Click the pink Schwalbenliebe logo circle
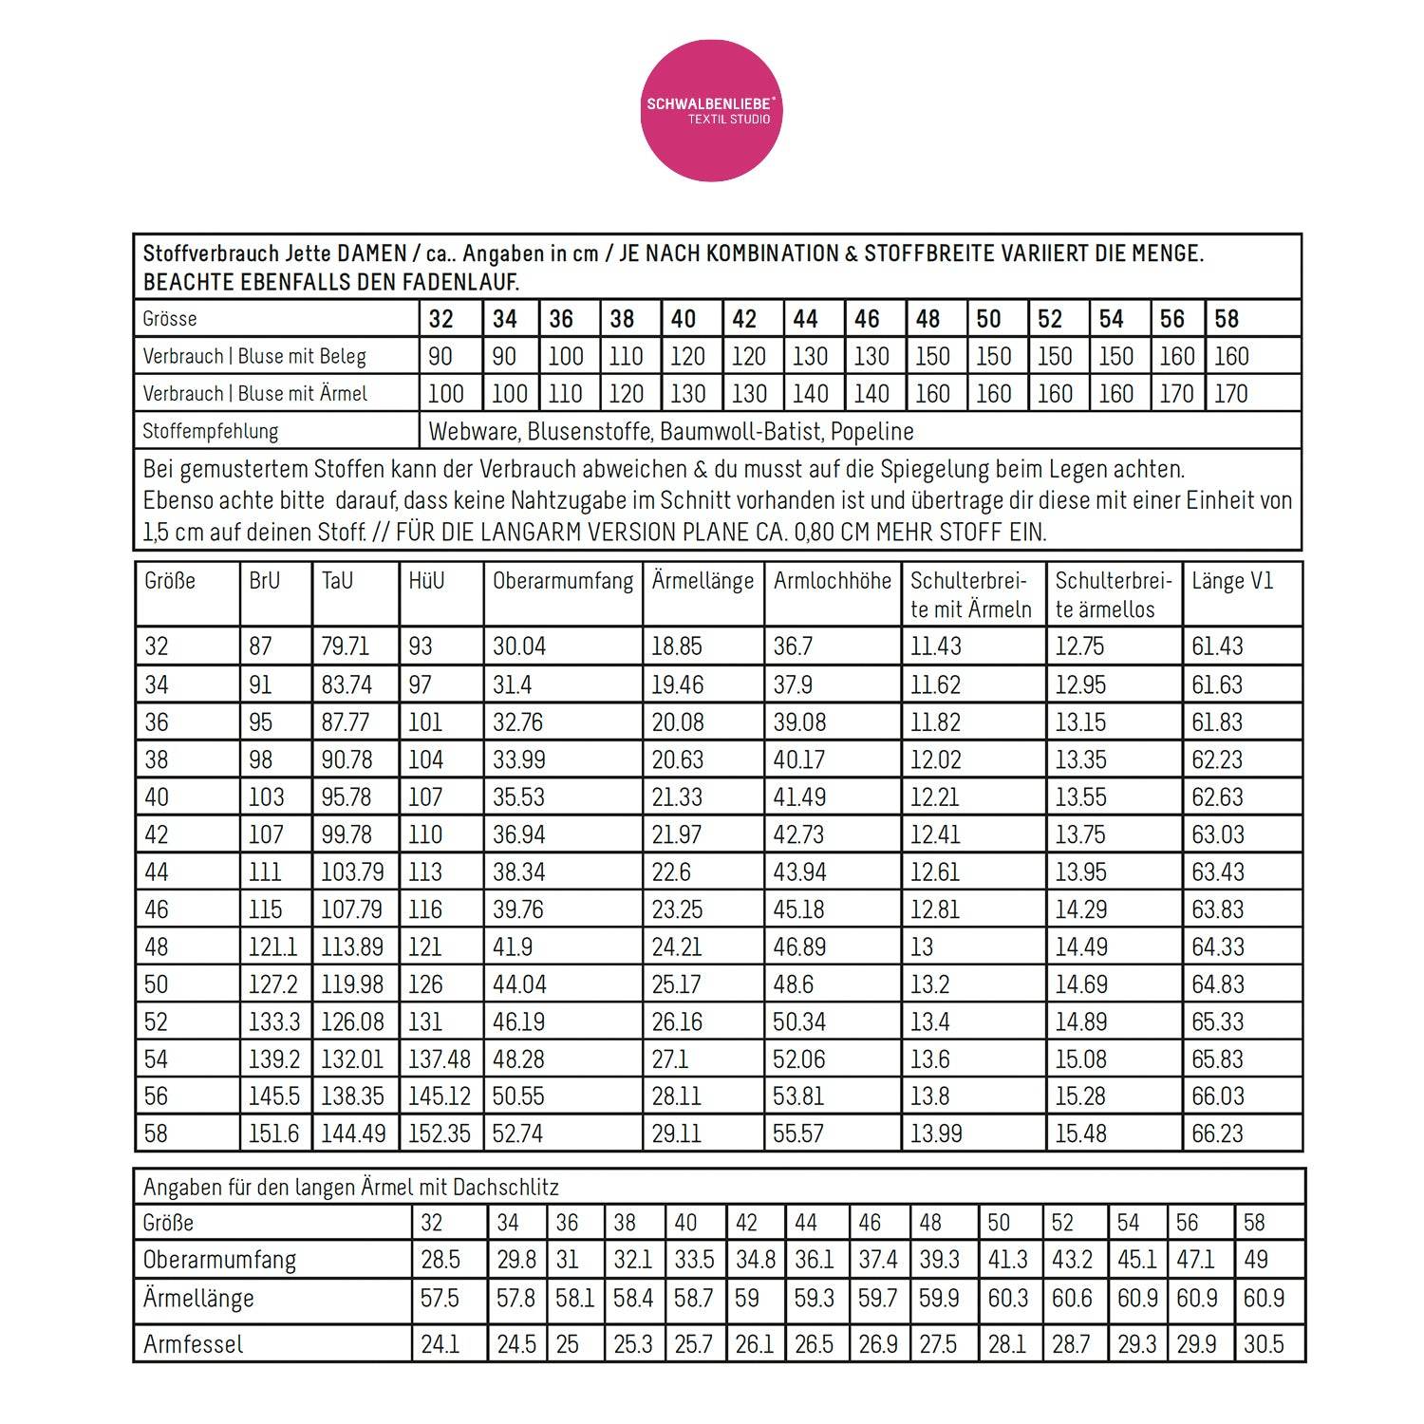711,110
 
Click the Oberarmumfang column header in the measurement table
562,581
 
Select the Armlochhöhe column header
832,581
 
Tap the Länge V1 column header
1231,581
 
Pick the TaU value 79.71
345,646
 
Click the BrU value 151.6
273,1134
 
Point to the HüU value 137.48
439,1059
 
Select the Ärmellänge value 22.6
671,871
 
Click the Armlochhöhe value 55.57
798,1134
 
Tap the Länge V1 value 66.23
1217,1134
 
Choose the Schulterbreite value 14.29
1081,909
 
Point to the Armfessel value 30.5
1264,1344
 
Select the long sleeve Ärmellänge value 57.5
440,1298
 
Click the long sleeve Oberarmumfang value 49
1256,1260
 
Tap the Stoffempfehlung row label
210,431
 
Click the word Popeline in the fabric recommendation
871,431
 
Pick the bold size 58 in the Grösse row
1227,319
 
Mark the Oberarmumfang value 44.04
519,984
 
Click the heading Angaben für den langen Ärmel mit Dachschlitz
350,1188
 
